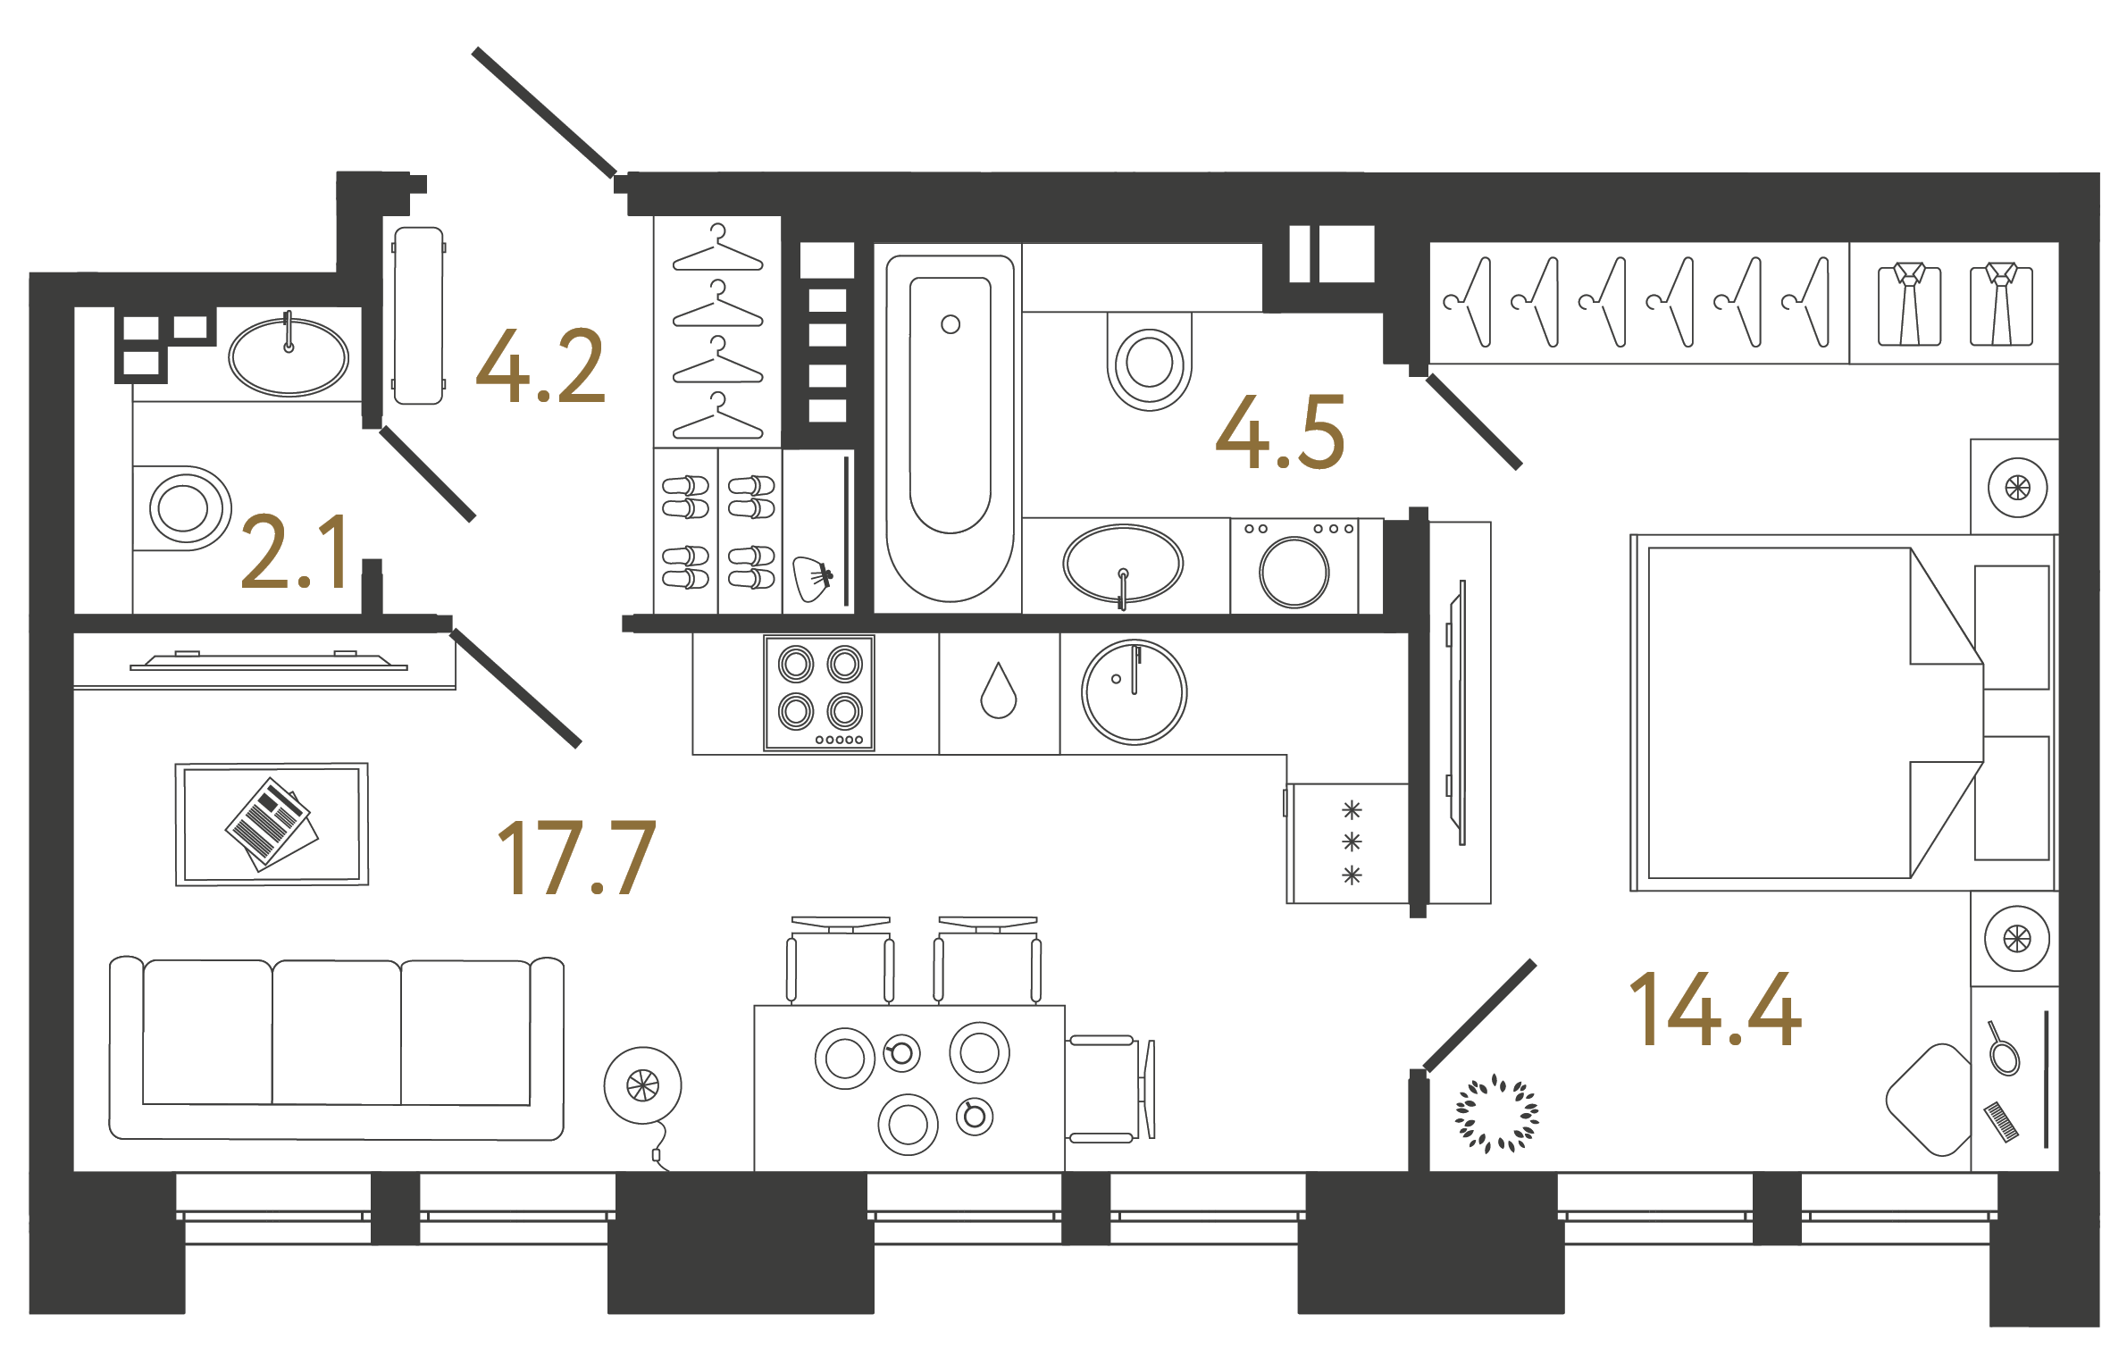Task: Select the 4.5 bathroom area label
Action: (x=1280, y=433)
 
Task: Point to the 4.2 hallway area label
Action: (x=541, y=366)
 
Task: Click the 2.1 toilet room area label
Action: (x=295, y=553)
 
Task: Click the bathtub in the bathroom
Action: (x=950, y=429)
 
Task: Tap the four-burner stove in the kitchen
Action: (x=819, y=693)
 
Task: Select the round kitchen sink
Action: (x=1134, y=692)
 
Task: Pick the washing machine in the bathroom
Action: (x=1294, y=567)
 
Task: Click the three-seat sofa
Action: (x=337, y=1049)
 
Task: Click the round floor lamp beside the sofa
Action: (x=642, y=1086)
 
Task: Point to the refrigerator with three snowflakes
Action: (x=1350, y=842)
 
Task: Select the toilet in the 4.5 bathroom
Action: (x=1150, y=362)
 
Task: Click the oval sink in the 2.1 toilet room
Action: (x=289, y=356)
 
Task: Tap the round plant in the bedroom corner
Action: (x=1496, y=1114)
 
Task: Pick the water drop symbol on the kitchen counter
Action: (x=998, y=691)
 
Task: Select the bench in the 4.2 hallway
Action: (x=418, y=315)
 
